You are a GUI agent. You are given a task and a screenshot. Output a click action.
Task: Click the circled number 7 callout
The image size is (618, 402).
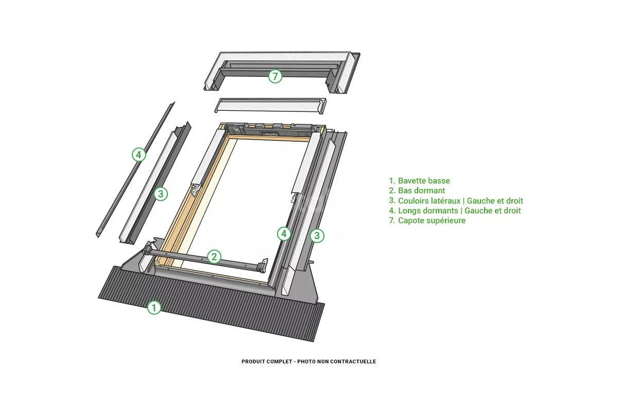[275, 76]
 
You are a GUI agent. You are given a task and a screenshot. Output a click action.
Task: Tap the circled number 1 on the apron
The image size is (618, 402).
[154, 307]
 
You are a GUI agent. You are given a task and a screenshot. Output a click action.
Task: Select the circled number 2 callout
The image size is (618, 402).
[214, 257]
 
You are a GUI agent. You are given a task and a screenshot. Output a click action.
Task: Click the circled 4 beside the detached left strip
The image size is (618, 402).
[139, 155]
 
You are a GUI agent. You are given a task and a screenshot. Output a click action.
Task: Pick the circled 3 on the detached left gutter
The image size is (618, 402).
[161, 194]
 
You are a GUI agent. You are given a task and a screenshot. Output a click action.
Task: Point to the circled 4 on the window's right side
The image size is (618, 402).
[284, 234]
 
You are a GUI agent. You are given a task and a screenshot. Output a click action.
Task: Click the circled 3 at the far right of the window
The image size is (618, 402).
[317, 236]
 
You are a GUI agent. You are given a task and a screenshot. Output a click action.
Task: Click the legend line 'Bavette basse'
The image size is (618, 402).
[424, 180]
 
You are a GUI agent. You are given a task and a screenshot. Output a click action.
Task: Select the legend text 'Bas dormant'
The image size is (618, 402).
[422, 191]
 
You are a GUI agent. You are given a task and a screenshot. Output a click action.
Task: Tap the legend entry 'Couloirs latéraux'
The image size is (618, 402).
[430, 200]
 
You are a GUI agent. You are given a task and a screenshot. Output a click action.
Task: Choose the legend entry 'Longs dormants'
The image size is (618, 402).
[428, 211]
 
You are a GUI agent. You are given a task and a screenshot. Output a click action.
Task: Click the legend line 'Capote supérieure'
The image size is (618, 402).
[432, 221]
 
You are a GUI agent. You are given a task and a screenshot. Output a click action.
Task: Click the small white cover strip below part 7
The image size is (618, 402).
[270, 106]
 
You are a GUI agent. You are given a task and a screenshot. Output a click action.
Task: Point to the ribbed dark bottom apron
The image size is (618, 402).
[211, 304]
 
